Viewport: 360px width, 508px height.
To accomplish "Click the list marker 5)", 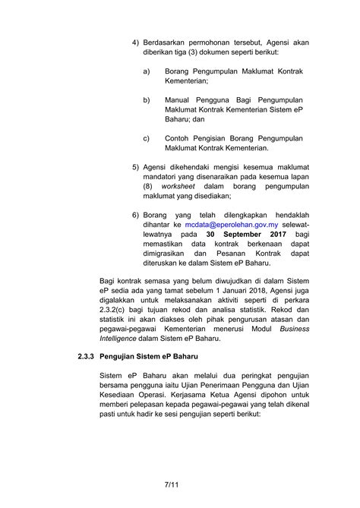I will pyautogui.click(x=137, y=166).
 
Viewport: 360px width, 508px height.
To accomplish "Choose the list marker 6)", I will pyautogui.click(x=137, y=215).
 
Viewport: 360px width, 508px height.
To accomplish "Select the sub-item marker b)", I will pyautogui.click(x=146, y=99).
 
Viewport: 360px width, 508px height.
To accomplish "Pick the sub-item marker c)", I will pyautogui.click(x=146, y=139).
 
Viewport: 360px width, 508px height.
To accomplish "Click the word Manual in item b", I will pyautogui.click(x=178, y=99).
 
